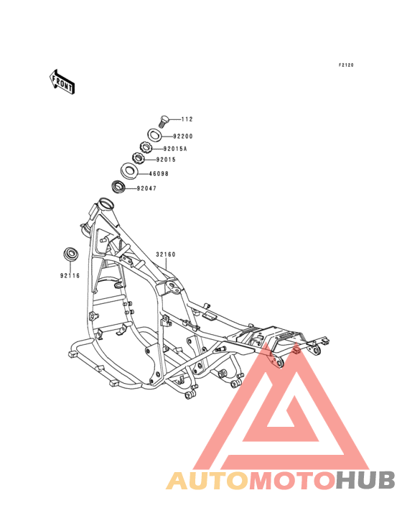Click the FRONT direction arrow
(x=62, y=82)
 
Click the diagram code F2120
(x=346, y=65)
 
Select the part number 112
(x=187, y=119)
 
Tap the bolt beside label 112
(x=163, y=121)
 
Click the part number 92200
(x=183, y=137)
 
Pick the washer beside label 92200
(x=155, y=135)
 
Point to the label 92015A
(x=175, y=149)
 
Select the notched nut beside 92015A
(x=146, y=147)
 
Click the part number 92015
(x=166, y=160)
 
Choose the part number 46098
(x=159, y=174)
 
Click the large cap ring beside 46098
(x=129, y=170)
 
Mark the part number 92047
(x=146, y=188)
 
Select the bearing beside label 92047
(x=118, y=187)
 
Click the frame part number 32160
(x=166, y=254)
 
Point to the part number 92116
(x=70, y=276)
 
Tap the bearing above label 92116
(x=71, y=254)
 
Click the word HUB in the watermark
(x=365, y=480)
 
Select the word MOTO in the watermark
(x=291, y=480)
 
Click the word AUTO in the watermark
(x=207, y=480)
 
